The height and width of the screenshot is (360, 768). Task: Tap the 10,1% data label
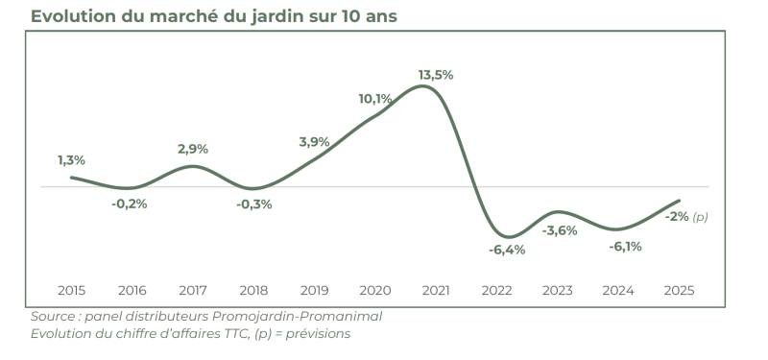point(375,98)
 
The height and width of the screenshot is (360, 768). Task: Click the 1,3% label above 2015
point(71,159)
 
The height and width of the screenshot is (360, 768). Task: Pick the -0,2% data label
point(130,204)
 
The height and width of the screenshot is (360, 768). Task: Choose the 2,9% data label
point(193,149)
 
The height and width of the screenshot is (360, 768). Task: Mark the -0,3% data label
point(254,204)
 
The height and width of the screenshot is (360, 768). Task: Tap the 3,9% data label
point(315,141)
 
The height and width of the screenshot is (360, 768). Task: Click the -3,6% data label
point(560,230)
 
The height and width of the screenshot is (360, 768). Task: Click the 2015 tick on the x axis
point(71,289)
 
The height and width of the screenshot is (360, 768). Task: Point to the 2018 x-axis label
point(254,289)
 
